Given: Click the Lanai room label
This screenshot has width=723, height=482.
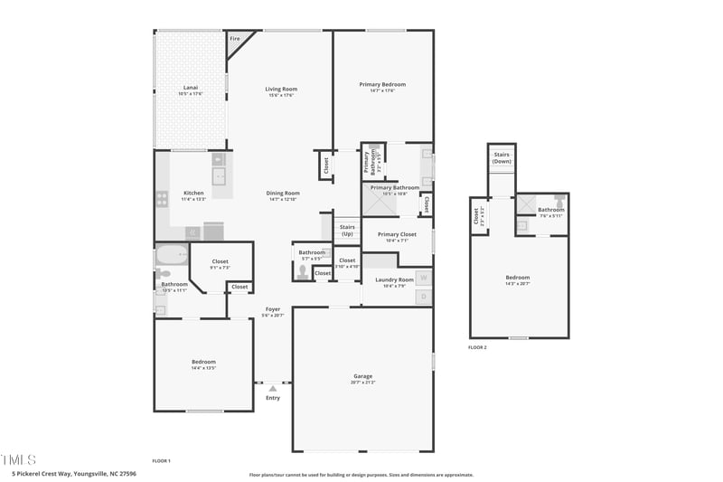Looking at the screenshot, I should pos(190,88).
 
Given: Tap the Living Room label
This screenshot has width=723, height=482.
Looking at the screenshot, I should pos(281,89).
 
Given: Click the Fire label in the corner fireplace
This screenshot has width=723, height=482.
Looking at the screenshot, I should pos(235,39).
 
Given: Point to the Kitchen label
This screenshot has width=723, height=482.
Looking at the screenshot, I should pos(193,193).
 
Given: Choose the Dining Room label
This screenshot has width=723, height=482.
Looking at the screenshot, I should pos(283,193).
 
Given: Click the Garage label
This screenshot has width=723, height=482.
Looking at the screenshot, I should pos(362,376).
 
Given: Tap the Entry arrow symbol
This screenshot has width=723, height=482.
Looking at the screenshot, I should pos(272,388).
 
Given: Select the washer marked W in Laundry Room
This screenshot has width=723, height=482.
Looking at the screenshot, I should pos(422,278).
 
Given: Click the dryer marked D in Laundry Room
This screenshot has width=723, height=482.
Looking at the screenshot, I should pos(422,295).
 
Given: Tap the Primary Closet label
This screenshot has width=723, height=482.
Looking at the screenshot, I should pos(397,234).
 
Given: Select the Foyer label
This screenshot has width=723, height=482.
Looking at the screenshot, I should pos(273,309).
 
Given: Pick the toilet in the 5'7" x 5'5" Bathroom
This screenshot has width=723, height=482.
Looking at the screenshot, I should pos(302,270).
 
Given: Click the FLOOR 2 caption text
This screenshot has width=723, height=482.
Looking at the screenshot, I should pos(477,347).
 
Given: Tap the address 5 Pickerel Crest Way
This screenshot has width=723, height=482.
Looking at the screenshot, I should pos(74,474).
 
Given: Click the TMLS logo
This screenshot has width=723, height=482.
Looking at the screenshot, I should pos(19,459).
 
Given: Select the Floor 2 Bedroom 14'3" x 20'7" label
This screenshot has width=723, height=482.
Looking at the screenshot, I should pos(518,277).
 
